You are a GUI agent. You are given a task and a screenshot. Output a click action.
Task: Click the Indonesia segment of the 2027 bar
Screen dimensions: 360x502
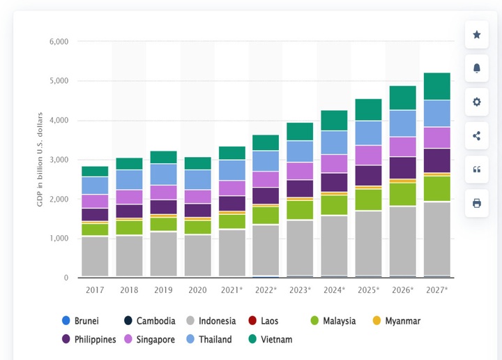[x=436, y=239]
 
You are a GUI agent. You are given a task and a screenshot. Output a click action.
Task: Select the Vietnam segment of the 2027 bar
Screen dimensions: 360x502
[x=436, y=86]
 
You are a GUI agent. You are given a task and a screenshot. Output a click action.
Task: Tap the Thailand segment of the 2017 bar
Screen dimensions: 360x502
[x=95, y=185]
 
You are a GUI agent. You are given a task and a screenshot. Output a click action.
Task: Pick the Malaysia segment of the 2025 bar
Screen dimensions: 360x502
[x=368, y=200]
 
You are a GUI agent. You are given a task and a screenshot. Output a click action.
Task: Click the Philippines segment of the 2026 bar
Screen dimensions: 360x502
[x=402, y=167]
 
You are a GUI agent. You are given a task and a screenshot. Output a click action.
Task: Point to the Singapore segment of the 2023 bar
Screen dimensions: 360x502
[x=300, y=171]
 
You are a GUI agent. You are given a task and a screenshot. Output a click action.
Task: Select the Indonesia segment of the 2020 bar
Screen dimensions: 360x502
[x=197, y=255]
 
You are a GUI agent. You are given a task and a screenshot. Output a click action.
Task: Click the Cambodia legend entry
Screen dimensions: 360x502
[x=149, y=321]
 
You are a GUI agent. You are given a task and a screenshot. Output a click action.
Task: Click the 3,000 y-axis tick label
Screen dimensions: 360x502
[x=59, y=160]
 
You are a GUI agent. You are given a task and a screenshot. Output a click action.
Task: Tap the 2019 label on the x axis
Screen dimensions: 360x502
[x=163, y=290]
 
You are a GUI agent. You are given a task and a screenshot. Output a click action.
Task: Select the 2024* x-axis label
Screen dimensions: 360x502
[x=334, y=290]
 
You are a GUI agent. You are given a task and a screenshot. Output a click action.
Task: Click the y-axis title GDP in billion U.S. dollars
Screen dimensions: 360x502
[x=40, y=160]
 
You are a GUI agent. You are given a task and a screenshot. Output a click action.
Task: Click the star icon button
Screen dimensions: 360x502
[x=477, y=35]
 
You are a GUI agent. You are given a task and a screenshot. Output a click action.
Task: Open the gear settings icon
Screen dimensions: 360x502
[x=477, y=102]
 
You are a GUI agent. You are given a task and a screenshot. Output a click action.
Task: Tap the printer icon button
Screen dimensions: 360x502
[x=477, y=203]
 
